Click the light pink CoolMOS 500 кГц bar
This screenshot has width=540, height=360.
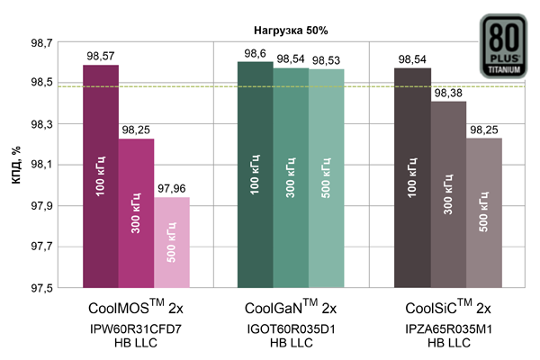(x=171, y=242)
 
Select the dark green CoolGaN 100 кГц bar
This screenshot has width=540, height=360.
(x=255, y=175)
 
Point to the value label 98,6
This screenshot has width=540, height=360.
(x=255, y=53)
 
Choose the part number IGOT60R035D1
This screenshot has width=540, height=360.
(x=291, y=328)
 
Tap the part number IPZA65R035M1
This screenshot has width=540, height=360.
(x=447, y=328)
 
